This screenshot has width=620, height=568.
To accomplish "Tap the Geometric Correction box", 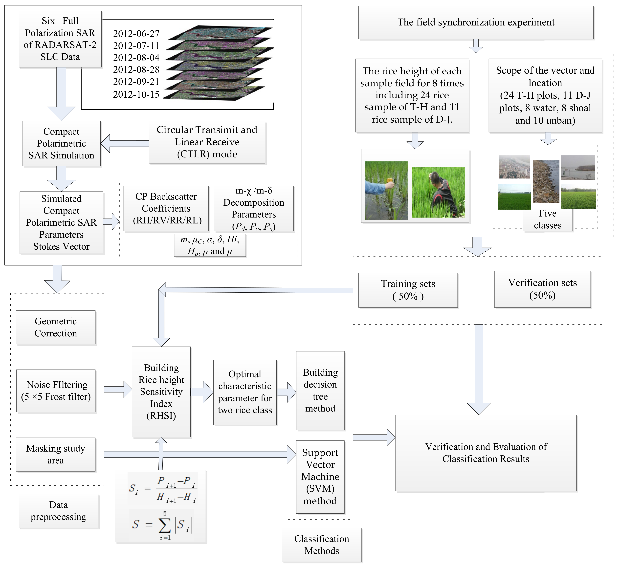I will [56, 327].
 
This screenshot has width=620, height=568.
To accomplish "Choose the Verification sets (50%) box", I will [542, 289].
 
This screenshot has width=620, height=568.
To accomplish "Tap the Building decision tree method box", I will [320, 391].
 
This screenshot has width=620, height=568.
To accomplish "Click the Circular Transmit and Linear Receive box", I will [207, 142].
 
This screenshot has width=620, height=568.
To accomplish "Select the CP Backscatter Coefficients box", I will [166, 209].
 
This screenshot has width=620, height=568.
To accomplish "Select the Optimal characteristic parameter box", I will [245, 392].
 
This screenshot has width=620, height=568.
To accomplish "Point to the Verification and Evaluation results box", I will [486, 453].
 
